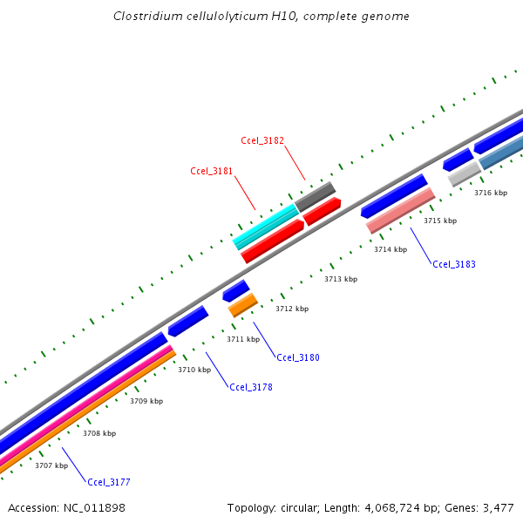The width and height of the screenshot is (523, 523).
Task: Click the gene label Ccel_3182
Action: click(262, 140)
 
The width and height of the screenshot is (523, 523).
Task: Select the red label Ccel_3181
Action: click(212, 171)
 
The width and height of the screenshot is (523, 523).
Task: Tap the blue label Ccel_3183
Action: click(454, 264)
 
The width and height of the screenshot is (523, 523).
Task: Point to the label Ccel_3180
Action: click(298, 357)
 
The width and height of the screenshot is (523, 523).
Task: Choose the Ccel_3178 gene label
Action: click(251, 387)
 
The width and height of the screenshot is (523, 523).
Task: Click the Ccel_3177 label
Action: click(109, 481)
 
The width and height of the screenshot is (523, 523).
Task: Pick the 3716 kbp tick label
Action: click(490, 193)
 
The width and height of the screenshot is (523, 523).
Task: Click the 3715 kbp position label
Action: click(440, 221)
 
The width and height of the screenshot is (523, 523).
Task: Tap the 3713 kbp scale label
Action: click(341, 279)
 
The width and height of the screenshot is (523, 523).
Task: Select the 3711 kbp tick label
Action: click(243, 339)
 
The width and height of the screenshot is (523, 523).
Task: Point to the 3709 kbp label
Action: click(146, 401)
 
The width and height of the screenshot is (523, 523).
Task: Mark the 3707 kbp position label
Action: click(51, 465)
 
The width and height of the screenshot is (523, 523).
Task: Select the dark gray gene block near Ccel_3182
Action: click(315, 195)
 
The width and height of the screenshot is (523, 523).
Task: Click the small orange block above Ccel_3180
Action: click(243, 304)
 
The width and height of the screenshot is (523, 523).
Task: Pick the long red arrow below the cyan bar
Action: click(272, 241)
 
